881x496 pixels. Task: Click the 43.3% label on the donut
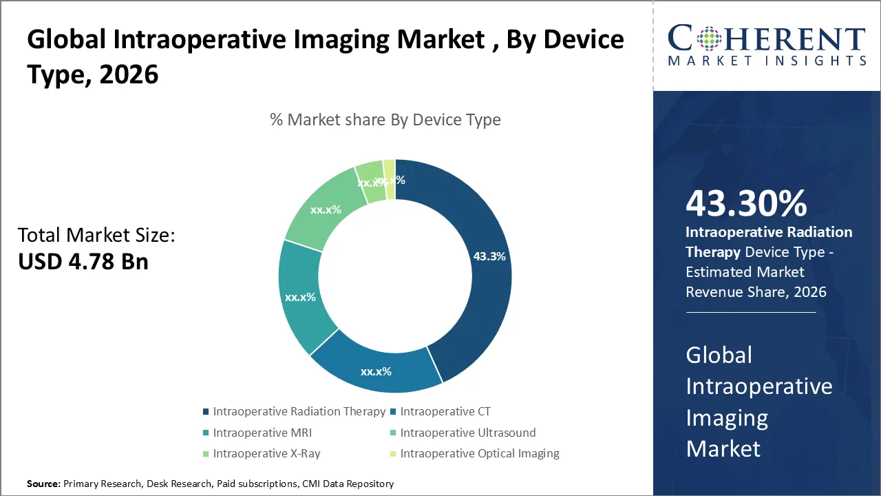point(489,256)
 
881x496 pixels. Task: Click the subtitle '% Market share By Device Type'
point(385,120)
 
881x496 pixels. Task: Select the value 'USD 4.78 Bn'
point(83,262)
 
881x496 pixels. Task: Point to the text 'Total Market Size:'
point(96,236)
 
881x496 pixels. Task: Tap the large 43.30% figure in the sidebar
point(746,205)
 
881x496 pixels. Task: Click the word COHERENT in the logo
point(766,38)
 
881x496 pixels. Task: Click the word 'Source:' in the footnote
point(43,484)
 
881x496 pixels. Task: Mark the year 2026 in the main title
point(129,74)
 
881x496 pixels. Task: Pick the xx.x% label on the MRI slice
point(300,298)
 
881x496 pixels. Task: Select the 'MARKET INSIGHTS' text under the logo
point(766,61)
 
